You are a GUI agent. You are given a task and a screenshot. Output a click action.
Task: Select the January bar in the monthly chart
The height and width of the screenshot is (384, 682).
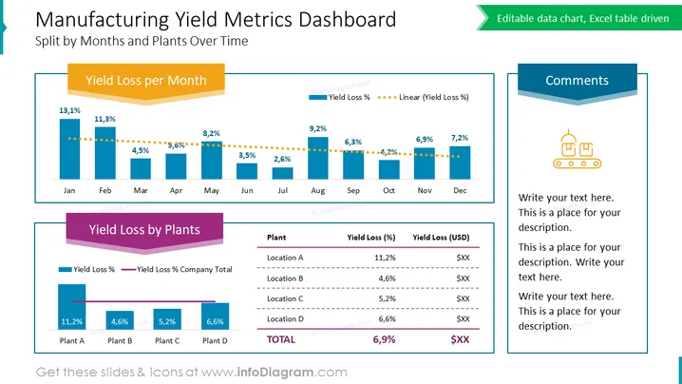coord(69,149)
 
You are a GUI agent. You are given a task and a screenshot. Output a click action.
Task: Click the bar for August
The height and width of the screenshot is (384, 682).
coord(318,158)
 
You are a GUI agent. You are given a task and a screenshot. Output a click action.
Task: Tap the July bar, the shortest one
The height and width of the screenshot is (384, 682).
coord(282,173)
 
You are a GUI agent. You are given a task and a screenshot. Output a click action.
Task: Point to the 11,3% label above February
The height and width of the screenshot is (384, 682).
coord(104,119)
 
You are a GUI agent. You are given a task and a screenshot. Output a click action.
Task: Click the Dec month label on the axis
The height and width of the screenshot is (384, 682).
coord(460,190)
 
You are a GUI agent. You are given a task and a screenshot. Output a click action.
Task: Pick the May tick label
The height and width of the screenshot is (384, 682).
coord(212,191)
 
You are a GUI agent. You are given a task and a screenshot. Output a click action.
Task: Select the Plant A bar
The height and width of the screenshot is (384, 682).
coord(72,306)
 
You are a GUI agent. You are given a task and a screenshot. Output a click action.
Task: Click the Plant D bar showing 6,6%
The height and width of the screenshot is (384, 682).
coord(215,317)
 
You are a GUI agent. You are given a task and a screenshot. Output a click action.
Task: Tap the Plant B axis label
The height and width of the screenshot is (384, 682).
coord(120,341)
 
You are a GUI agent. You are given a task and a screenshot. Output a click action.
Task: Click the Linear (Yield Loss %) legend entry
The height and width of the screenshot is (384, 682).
coord(424,97)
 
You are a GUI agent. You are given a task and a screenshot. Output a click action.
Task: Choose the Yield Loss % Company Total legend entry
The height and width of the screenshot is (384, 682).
coord(177,270)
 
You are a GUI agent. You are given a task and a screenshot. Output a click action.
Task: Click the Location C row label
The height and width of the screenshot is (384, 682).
coord(285,298)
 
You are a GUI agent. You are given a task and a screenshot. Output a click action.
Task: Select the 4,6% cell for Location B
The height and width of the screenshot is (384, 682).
coord(387,278)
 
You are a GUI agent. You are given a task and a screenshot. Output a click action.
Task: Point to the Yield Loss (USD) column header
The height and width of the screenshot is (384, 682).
coord(441,238)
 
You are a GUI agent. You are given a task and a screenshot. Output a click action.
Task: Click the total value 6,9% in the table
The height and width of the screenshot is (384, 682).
coord(384,339)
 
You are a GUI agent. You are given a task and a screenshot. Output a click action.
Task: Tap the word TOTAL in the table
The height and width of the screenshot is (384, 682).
coord(281,339)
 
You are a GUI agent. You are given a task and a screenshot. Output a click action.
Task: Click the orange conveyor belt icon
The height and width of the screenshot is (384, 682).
coord(578,149)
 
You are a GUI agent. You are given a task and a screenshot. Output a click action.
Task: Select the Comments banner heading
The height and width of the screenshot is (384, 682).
coord(578,81)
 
